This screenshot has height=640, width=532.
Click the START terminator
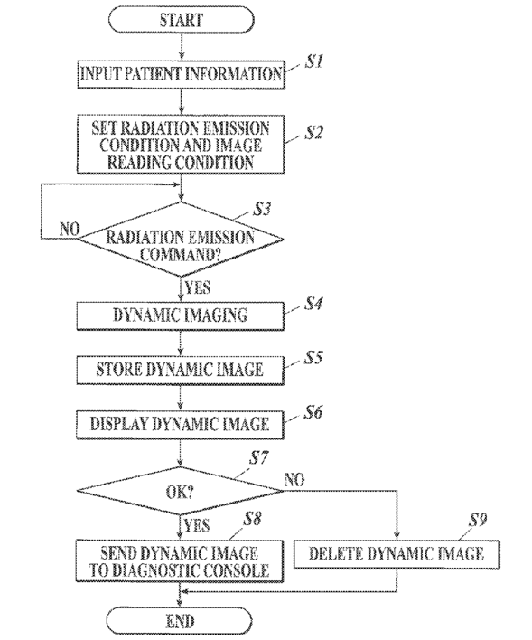(x=182, y=20)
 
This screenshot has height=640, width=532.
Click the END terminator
(x=180, y=621)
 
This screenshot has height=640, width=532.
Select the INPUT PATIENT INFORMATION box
(x=181, y=74)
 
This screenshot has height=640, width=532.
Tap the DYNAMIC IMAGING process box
(x=181, y=315)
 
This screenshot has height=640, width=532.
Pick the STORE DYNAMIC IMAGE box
(x=180, y=370)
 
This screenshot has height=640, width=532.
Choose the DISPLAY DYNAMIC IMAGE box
(x=180, y=425)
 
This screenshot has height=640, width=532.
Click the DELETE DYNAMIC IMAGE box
(x=397, y=554)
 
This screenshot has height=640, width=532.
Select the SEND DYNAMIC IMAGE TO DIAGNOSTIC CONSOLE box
(x=179, y=560)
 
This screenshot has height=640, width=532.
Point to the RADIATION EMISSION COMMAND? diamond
(x=181, y=240)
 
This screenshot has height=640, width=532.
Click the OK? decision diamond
(x=180, y=491)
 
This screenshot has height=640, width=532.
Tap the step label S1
(x=313, y=61)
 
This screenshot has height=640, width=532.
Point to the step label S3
(x=262, y=209)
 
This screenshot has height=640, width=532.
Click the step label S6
(x=313, y=412)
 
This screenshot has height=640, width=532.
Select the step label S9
(x=477, y=520)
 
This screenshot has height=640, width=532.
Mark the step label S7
(x=259, y=458)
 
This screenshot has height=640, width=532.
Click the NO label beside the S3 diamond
(x=70, y=229)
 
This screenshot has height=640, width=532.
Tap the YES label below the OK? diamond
(x=197, y=526)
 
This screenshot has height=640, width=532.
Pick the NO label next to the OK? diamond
(x=294, y=480)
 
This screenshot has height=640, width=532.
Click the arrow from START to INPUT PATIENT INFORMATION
(x=182, y=46)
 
